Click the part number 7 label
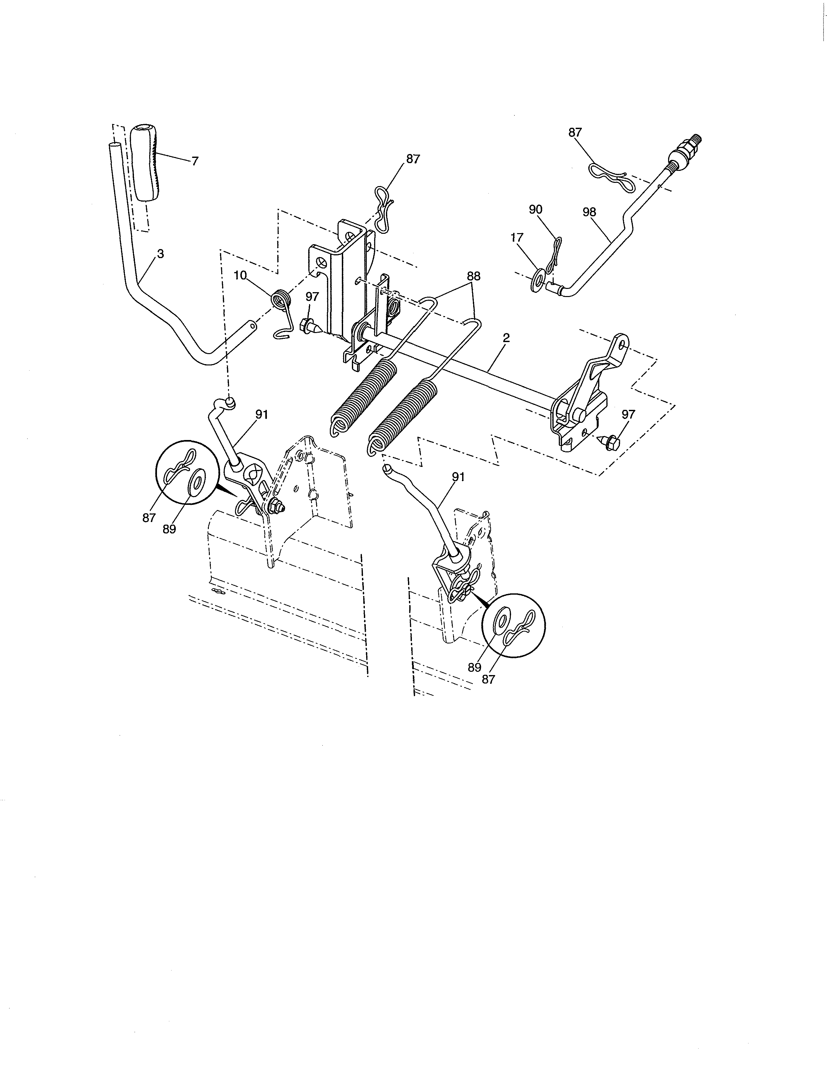(x=195, y=161)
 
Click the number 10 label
(x=240, y=275)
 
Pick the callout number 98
(x=590, y=212)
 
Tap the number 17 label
(x=517, y=238)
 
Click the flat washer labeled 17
(x=537, y=279)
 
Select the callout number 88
(x=473, y=276)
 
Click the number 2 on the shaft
(x=506, y=338)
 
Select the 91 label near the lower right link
(x=458, y=477)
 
